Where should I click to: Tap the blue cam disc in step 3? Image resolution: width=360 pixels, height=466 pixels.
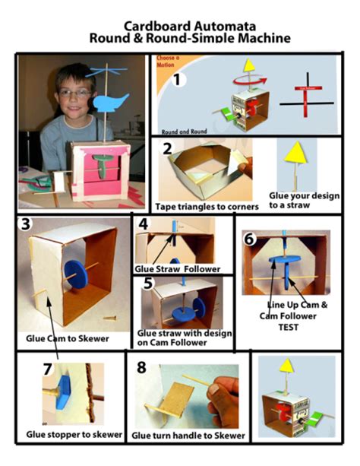pyautogui.click(x=76, y=274)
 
